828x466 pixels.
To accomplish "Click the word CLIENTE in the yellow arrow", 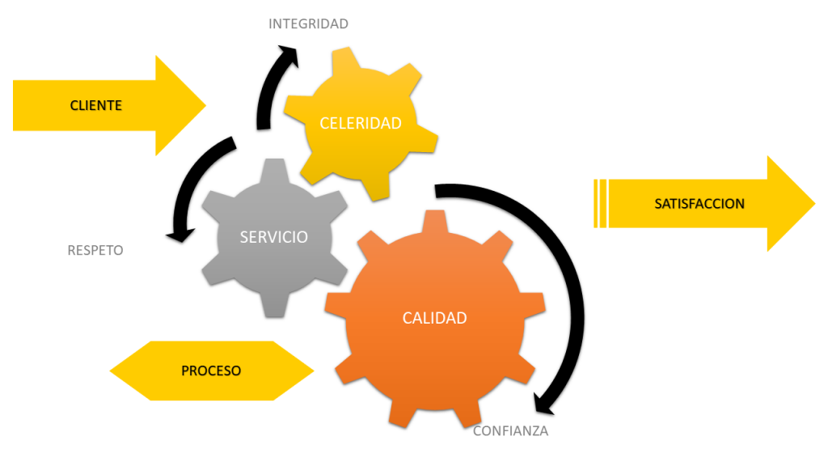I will (95, 105).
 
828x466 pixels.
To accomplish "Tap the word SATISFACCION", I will (699, 204).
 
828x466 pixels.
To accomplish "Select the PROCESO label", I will (211, 371).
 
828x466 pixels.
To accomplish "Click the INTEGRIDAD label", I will (308, 24).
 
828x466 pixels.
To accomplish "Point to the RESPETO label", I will (95, 251).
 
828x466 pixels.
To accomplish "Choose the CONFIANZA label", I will (510, 431).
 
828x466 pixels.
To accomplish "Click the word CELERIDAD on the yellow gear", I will (361, 124).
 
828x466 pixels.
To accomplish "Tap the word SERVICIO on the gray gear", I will (273, 237).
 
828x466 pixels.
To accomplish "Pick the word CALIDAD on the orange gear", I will (434, 318).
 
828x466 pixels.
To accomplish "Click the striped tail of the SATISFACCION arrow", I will (601, 204).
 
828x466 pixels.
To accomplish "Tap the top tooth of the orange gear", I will (434, 220).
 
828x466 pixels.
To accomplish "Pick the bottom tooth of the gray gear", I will (273, 307).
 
